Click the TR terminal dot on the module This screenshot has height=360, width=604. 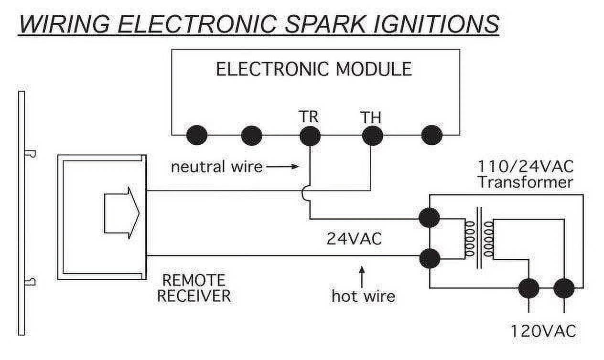point(310,136)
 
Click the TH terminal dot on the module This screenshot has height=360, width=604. point(372,136)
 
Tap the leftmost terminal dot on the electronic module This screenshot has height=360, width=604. point(196,136)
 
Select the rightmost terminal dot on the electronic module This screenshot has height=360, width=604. point(431,136)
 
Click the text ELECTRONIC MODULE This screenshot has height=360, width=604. point(313,70)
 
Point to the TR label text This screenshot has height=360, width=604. point(309,117)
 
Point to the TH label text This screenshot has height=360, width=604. point(372,117)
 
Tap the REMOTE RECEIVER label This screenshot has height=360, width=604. point(194,288)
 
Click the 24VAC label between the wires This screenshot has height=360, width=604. point(354,239)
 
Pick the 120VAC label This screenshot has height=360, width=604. point(543,331)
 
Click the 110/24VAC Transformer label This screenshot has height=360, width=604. point(526,174)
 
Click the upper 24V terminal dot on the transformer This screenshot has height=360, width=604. point(429,218)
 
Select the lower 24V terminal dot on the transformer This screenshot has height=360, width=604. point(429,258)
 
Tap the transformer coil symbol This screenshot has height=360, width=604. point(479,239)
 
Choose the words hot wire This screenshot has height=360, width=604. point(363,296)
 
